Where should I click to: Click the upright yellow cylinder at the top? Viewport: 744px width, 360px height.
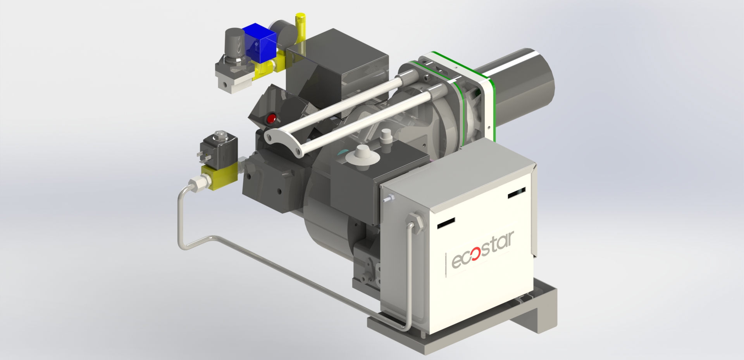tap(300, 29)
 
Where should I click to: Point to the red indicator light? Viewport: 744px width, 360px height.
tap(271, 118)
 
